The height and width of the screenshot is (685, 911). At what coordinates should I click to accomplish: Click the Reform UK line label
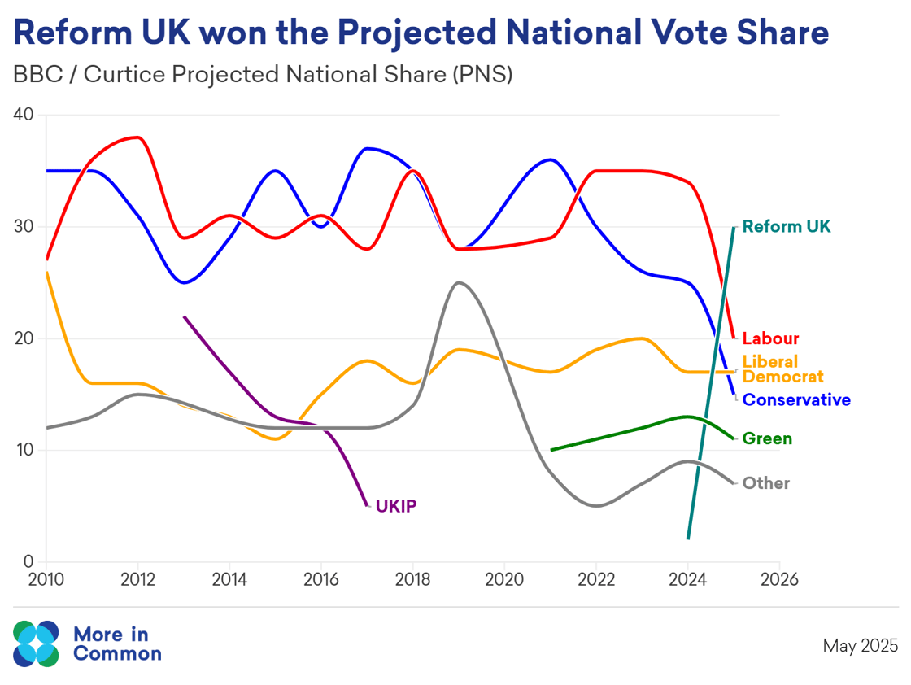pyautogui.click(x=787, y=227)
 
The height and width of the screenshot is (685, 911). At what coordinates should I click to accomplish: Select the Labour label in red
pyautogui.click(x=770, y=339)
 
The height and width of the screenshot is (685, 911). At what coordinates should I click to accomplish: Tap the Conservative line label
pyautogui.click(x=796, y=400)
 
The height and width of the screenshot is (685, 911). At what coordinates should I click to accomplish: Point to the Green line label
pyautogui.click(x=767, y=439)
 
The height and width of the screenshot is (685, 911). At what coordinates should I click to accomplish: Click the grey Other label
pyautogui.click(x=765, y=483)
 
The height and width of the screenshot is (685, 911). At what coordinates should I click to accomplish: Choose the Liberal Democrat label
pyautogui.click(x=782, y=369)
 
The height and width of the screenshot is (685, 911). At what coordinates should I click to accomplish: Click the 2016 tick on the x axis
pyautogui.click(x=320, y=580)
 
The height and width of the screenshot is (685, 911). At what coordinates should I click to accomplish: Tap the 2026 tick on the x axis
pyautogui.click(x=778, y=580)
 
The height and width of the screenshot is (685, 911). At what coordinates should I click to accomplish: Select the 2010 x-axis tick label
pyautogui.click(x=46, y=580)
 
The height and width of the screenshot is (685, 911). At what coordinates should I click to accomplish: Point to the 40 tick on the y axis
pyautogui.click(x=24, y=115)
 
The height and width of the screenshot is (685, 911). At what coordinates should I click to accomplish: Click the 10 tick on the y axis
pyautogui.click(x=24, y=450)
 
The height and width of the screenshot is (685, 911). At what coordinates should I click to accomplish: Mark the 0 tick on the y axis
pyautogui.click(x=28, y=562)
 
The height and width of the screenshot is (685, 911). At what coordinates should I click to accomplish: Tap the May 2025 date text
pyautogui.click(x=861, y=646)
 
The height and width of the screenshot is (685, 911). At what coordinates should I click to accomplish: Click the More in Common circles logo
pyautogui.click(x=36, y=644)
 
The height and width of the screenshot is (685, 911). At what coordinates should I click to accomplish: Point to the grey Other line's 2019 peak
pyautogui.click(x=460, y=282)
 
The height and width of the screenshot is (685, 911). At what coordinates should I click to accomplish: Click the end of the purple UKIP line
pyautogui.click(x=367, y=506)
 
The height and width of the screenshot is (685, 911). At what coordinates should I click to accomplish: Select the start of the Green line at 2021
pyautogui.click(x=551, y=449)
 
